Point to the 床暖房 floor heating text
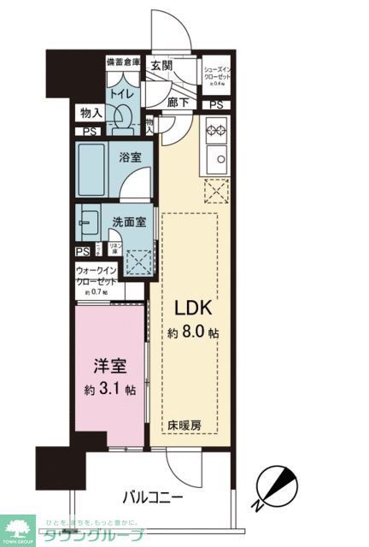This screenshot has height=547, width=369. (184, 424)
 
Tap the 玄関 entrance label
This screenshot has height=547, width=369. (162, 64)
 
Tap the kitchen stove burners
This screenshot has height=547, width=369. (214, 132)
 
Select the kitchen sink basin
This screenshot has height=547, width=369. (214, 159)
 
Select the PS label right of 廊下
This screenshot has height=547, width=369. (217, 105)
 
